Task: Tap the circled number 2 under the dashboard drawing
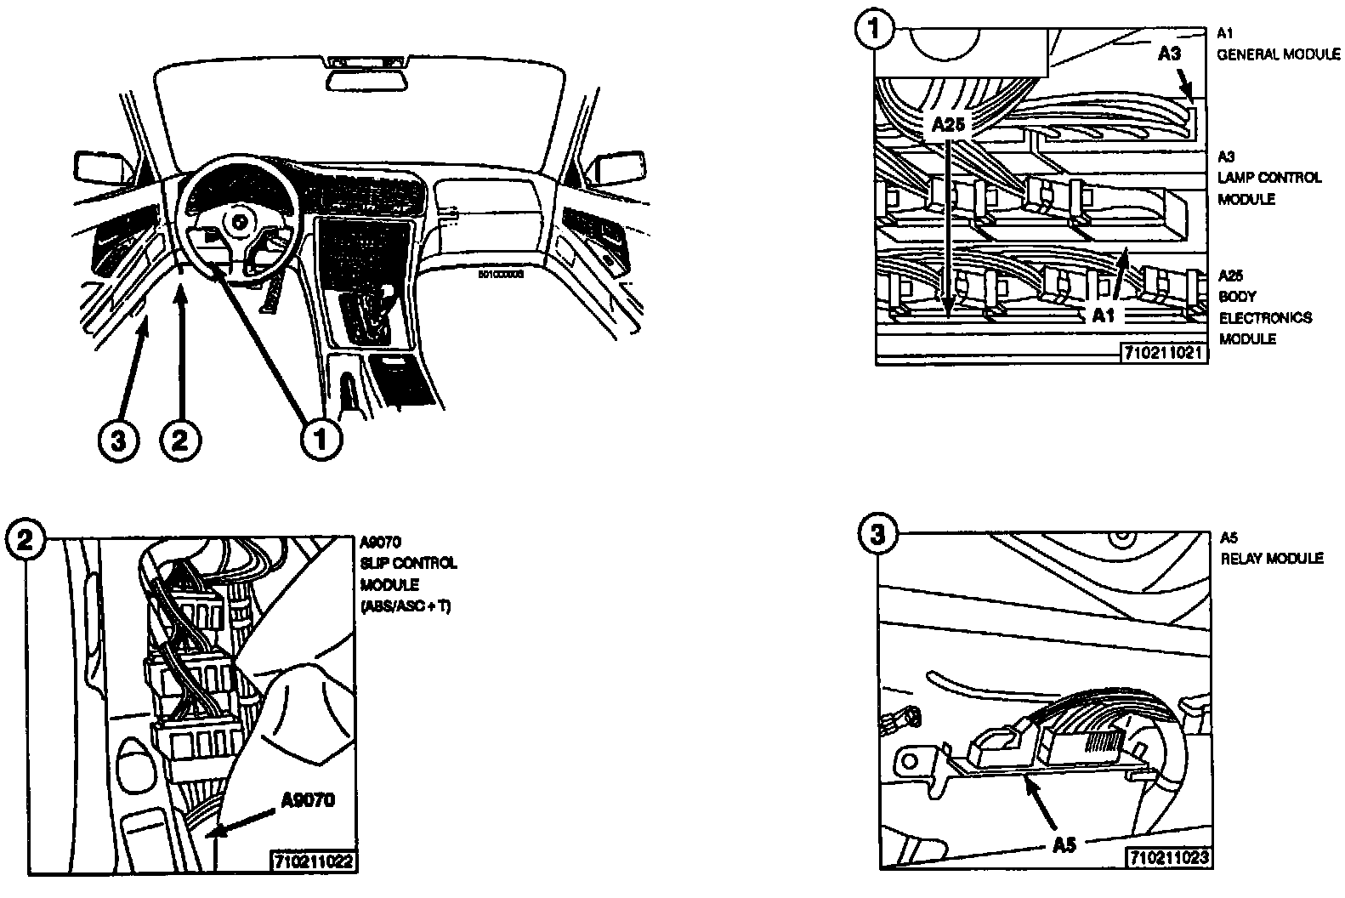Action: pyautogui.click(x=180, y=440)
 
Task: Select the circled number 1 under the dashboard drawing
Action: pyautogui.click(x=321, y=440)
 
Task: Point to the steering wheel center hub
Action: pyautogui.click(x=237, y=222)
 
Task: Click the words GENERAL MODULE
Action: pyautogui.click(x=1278, y=54)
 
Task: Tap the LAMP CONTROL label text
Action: pyautogui.click(x=1269, y=178)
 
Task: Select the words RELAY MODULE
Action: pyautogui.click(x=1272, y=559)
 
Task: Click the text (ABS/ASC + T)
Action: pyautogui.click(x=406, y=607)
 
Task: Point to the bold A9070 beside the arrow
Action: pyautogui.click(x=308, y=799)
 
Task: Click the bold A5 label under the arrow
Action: pyautogui.click(x=1064, y=845)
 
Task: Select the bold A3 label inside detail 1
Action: pyautogui.click(x=1169, y=54)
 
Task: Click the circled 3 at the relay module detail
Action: pyautogui.click(x=877, y=535)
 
